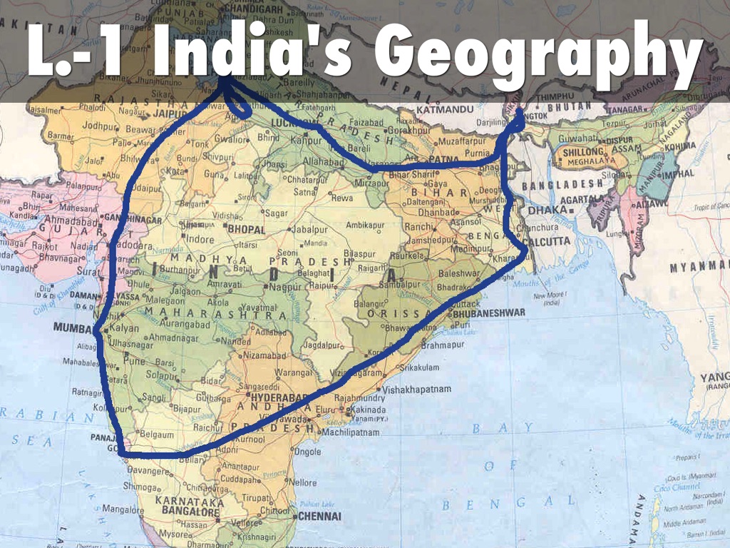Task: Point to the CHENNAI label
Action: pyautogui.click(x=320, y=516)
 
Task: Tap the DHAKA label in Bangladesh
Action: pyautogui.click(x=547, y=210)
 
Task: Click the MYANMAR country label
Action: pyautogui.click(x=699, y=268)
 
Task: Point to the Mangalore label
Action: pyautogui.click(x=123, y=509)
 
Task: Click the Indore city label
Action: pyautogui.click(x=200, y=240)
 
